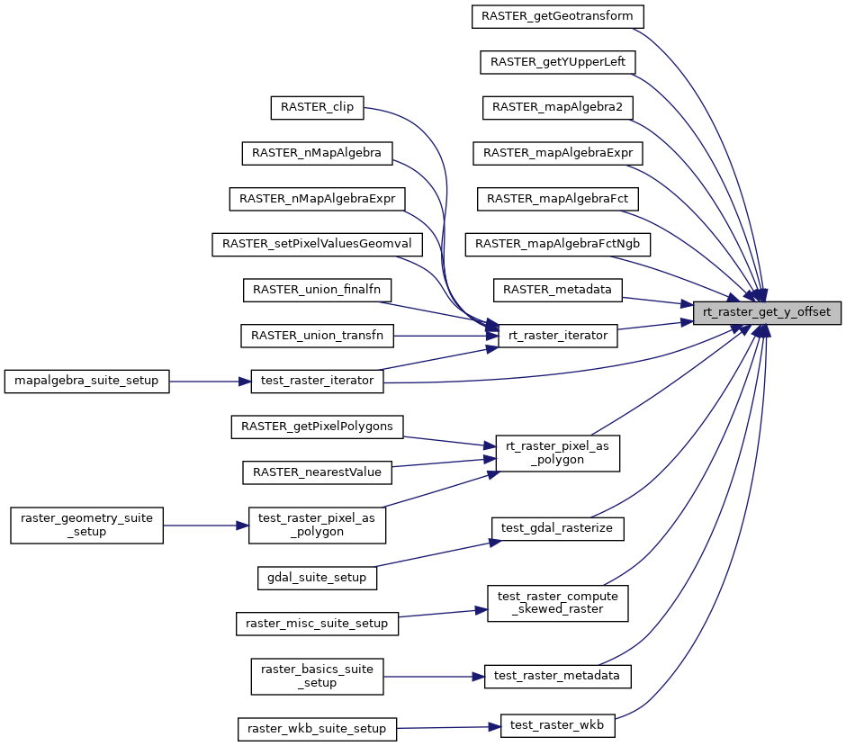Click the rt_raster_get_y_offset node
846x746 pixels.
tap(767, 313)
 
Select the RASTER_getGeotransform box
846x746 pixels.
tap(557, 17)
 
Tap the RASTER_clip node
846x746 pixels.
tap(317, 107)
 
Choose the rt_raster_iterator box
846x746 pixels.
tap(558, 336)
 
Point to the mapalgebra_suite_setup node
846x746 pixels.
tap(86, 382)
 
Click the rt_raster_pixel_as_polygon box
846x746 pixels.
tap(557, 454)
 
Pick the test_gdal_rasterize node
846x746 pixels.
tap(557, 528)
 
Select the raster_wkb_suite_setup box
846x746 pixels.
tap(317, 729)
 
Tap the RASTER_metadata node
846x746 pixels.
tap(557, 290)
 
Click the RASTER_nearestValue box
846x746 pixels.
tap(317, 472)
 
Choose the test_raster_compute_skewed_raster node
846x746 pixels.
tap(558, 603)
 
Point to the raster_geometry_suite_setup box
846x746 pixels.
tap(87, 526)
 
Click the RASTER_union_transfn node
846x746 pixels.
tap(317, 336)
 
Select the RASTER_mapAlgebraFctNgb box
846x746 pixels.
tap(558, 245)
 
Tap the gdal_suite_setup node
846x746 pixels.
tap(317, 579)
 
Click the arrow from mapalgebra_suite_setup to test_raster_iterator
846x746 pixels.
tap(210, 382)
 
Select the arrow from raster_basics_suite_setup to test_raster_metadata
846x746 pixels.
tap(435, 677)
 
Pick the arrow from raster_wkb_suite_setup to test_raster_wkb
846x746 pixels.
tap(449, 728)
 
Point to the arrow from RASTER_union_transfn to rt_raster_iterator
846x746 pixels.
tap(446, 336)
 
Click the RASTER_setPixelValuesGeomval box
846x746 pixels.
tap(317, 245)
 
